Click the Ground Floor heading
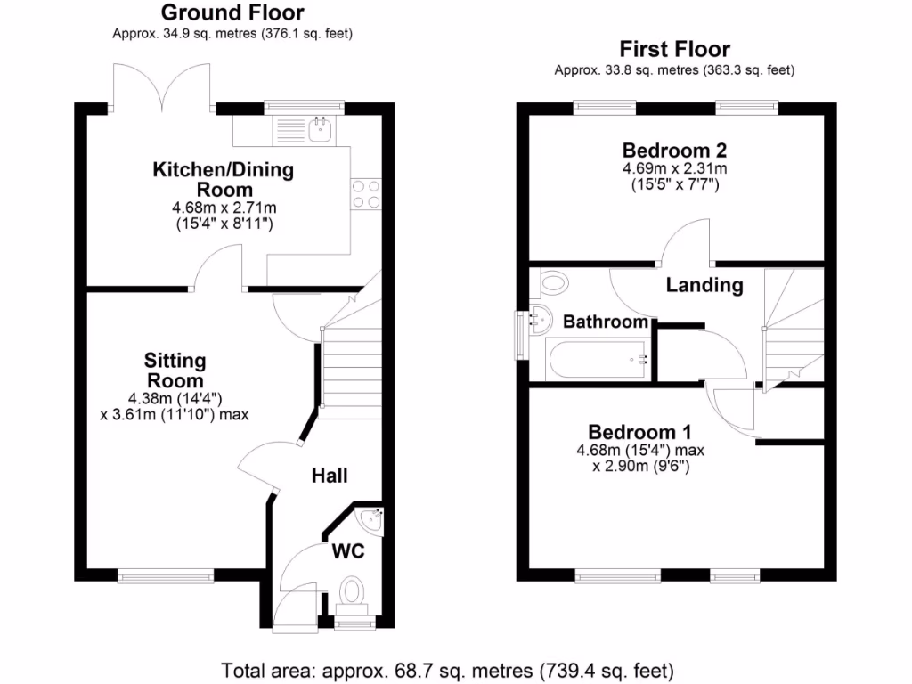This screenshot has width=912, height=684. point(232,13)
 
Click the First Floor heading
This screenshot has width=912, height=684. point(674,49)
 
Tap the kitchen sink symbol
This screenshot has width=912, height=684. point(321,131)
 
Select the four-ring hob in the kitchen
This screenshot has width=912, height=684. point(367,194)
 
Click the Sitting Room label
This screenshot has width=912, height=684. point(175,370)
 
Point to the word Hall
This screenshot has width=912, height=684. point(330,476)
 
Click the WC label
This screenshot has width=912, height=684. point(347,551)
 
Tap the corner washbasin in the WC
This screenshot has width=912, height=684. point(370,517)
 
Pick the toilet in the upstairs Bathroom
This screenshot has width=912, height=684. point(553,283)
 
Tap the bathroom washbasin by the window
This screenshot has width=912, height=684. point(538,317)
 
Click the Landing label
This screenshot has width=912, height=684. point(704,285)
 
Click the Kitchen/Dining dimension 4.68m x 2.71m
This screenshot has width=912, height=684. point(224,208)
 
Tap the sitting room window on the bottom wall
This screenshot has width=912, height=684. point(166,577)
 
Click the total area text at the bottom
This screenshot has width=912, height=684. point(447,669)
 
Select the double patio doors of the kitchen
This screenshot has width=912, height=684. point(161,89)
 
